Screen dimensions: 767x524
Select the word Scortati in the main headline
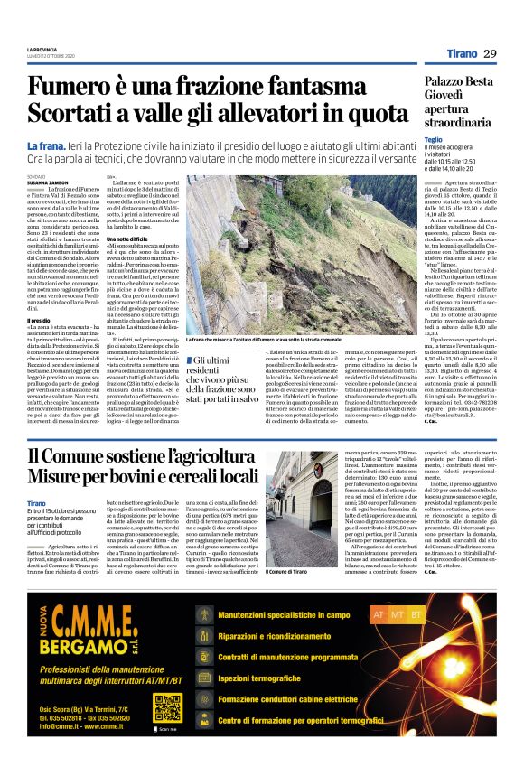point(77,116)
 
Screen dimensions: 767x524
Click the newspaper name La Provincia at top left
point(42,50)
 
